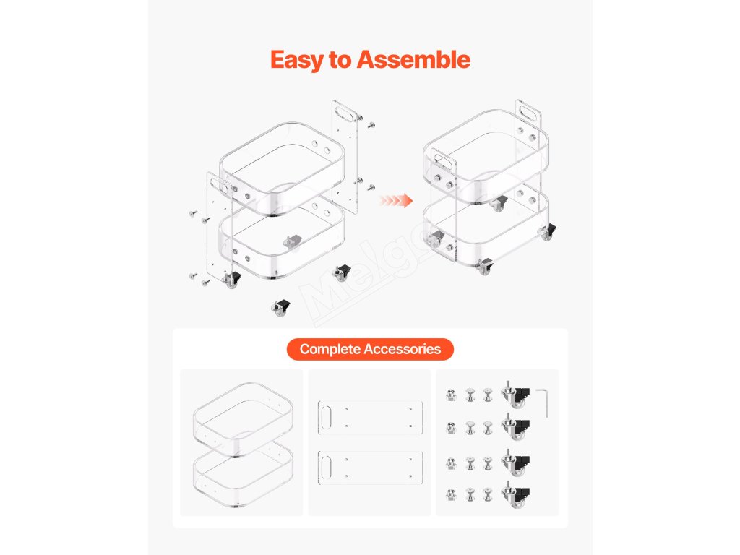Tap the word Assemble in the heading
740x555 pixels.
pyautogui.click(x=413, y=59)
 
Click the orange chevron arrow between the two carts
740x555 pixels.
pyautogui.click(x=395, y=201)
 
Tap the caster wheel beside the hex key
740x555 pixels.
pyautogui.click(x=515, y=395)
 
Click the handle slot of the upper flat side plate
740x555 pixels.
pyautogui.click(x=326, y=417)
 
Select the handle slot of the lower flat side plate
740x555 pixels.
pyautogui.click(x=326, y=467)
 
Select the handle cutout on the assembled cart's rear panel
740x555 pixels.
pyautogui.click(x=529, y=111)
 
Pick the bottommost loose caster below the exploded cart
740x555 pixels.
pyautogui.click(x=280, y=308)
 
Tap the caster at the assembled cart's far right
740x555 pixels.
pyautogui.click(x=548, y=232)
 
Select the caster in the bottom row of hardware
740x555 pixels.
pyautogui.click(x=515, y=495)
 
